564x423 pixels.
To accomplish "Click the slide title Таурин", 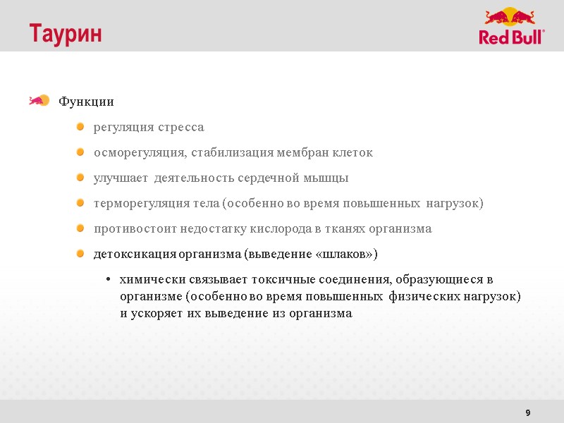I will point(65,34).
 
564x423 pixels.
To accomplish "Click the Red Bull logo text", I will point(512,37).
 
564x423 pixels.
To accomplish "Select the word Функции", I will point(86,102).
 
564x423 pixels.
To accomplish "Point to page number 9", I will point(528,412).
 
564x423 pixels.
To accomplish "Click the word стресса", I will point(180,128).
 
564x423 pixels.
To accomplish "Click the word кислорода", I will point(281,229).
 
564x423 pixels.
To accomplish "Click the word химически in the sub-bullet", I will point(150,280).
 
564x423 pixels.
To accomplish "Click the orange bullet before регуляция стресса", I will point(80,127).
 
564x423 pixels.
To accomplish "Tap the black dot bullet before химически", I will point(108,281).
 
